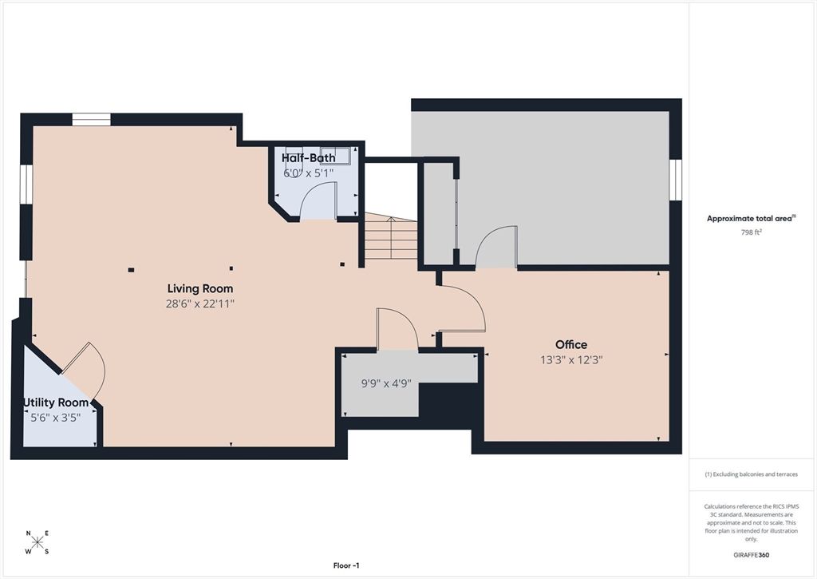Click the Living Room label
click(x=199, y=288)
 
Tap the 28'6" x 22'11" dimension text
click(x=199, y=303)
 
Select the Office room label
click(x=571, y=345)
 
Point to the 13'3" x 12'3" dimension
click(x=571, y=360)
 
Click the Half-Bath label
click(x=308, y=158)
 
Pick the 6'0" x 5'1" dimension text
click(x=308, y=173)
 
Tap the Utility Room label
click(x=56, y=403)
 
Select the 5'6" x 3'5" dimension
click(x=56, y=417)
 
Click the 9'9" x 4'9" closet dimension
click(x=386, y=383)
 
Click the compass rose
click(x=37, y=542)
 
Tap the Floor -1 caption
click(x=346, y=565)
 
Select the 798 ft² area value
click(x=751, y=233)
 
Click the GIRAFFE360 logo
click(x=751, y=555)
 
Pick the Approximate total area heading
click(x=751, y=218)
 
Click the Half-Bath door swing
click(x=319, y=200)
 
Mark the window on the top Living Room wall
click(x=91, y=120)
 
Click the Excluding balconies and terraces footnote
click(x=751, y=474)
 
